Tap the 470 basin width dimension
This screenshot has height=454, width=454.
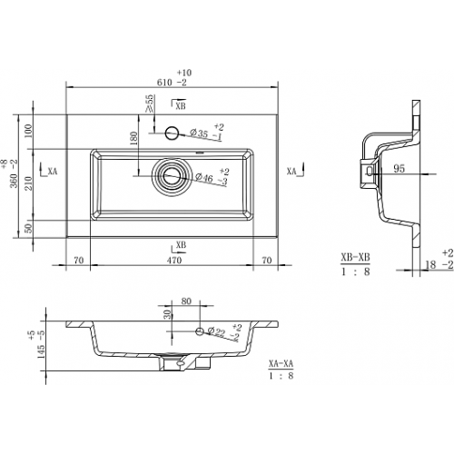coord(174,260)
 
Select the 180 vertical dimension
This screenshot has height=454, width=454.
coord(133,139)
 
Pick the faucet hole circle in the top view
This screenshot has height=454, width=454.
coord(172,133)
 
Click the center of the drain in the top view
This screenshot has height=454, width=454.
coord(172,176)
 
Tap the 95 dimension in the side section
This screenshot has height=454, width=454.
coord(399,169)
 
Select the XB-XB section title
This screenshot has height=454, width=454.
coord(355,258)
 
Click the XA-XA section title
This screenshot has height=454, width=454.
coord(281,363)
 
